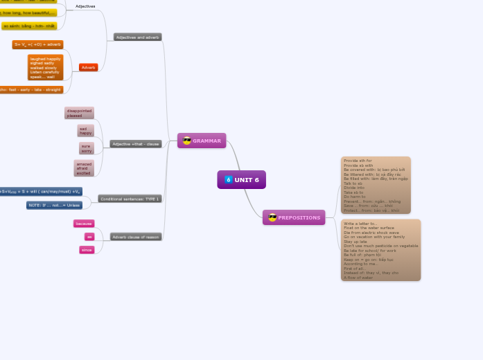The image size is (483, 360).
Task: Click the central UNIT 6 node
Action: [241, 180]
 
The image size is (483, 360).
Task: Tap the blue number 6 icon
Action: [228, 180]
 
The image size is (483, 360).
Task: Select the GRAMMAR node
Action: [202, 141]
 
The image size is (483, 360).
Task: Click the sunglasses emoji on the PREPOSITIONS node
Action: [272, 217]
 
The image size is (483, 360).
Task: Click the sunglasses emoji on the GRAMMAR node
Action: [186, 141]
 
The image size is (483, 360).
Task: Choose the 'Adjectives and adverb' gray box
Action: [138, 37]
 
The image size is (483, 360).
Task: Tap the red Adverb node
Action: [88, 68]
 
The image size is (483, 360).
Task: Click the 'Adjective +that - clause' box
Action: [136, 144]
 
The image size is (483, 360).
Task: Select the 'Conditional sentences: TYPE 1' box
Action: [130, 199]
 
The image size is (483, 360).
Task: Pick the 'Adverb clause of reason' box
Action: [136, 237]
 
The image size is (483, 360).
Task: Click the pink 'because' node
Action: [84, 224]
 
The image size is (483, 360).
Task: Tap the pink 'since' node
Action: [87, 250]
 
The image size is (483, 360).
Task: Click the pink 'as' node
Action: [89, 237]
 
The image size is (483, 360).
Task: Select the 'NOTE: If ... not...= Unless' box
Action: [54, 205]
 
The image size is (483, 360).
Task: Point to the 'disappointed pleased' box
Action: [79, 113]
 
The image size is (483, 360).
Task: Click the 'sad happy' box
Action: [86, 131]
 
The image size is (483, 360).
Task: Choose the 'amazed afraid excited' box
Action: [84, 168]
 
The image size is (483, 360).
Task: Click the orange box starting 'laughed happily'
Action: [46, 68]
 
